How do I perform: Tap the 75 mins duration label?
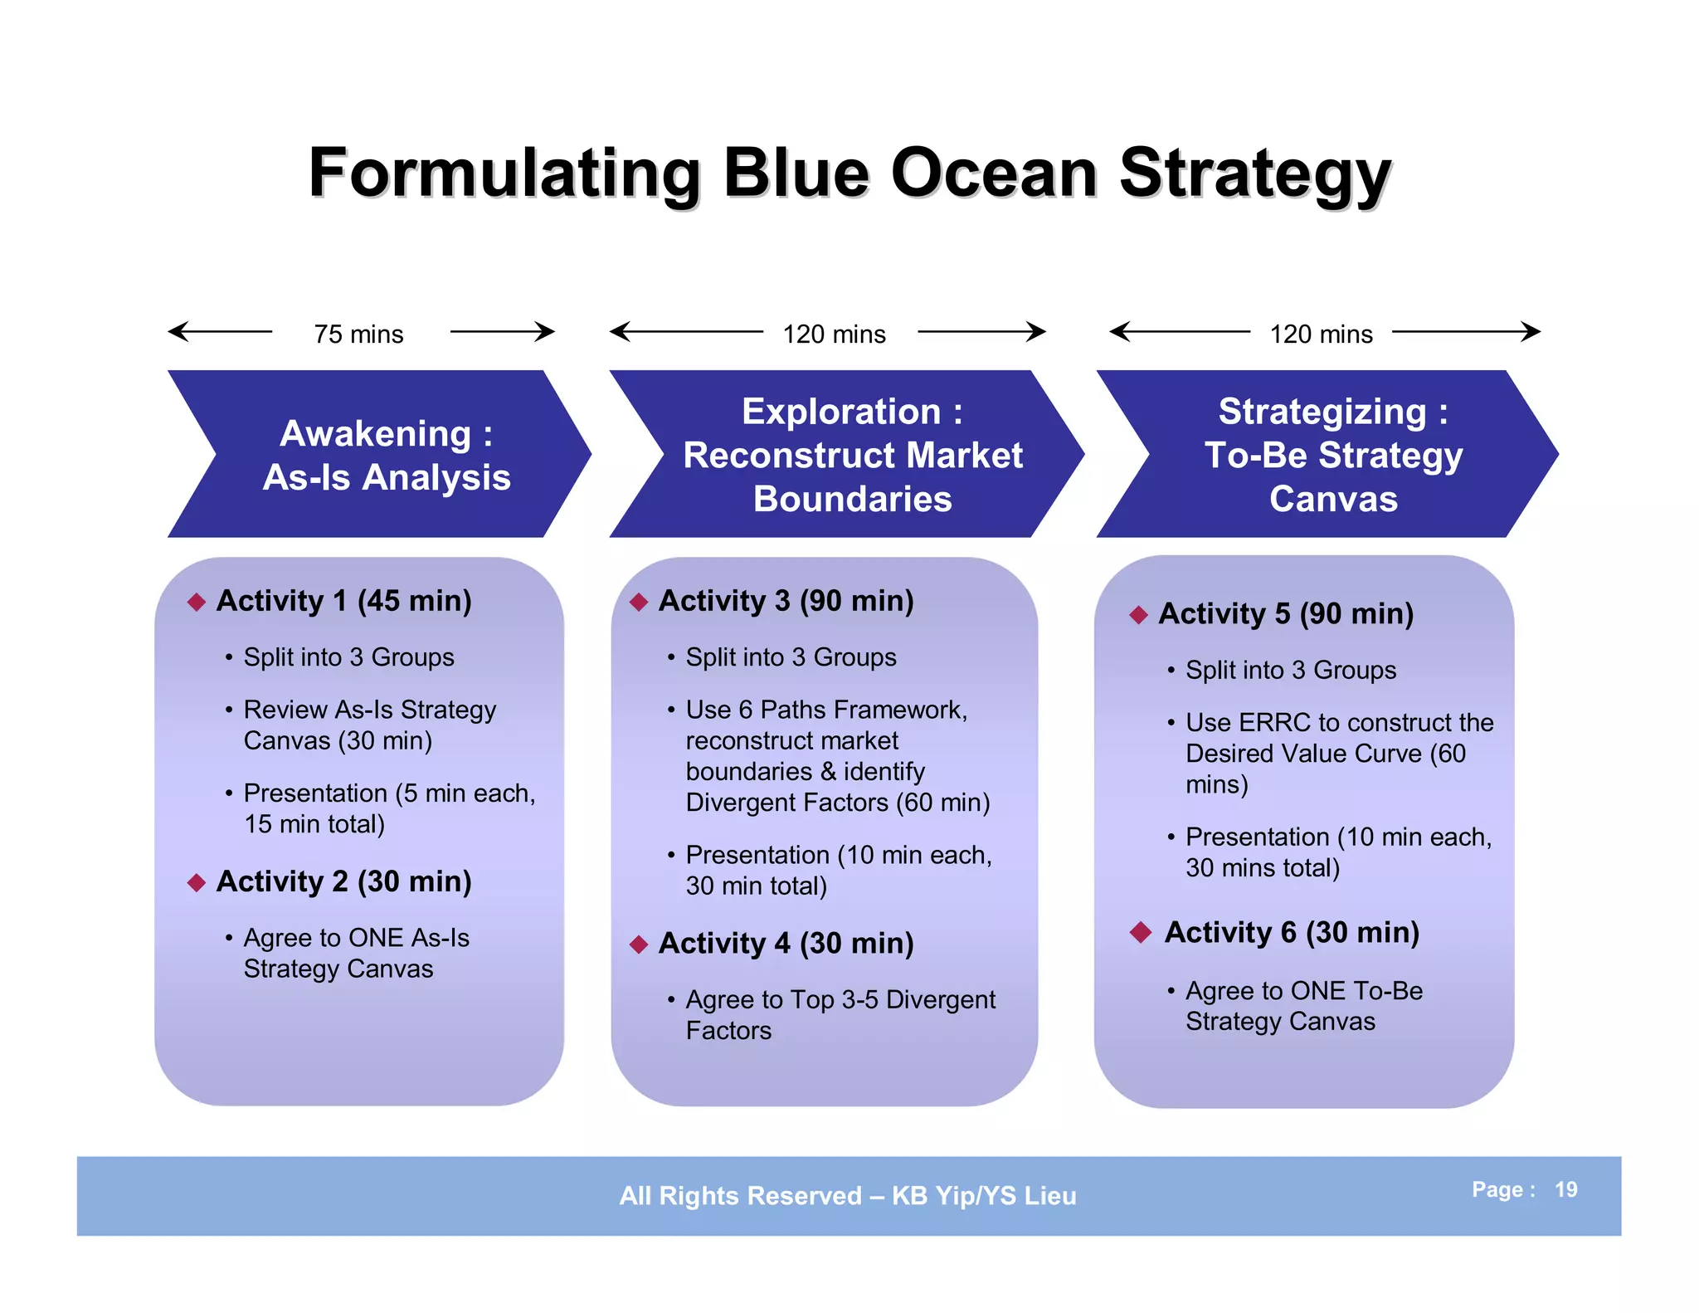358,334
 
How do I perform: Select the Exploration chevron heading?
852,454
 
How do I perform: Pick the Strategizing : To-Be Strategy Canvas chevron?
1332,454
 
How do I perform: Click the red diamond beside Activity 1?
197,602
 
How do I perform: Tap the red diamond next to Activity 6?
1141,932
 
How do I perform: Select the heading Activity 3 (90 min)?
786,600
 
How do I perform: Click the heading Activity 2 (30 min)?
343,881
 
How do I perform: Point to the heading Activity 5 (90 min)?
1285,613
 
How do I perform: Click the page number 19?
1565,1189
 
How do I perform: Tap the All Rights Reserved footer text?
847,1195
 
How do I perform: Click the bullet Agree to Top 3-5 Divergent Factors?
840,1014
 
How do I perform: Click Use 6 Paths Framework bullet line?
826,710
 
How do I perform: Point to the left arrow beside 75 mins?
219,332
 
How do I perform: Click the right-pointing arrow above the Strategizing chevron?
1466,332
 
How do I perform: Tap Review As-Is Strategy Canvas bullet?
369,725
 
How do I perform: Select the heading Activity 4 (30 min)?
786,943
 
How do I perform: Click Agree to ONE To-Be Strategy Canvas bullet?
1303,1005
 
